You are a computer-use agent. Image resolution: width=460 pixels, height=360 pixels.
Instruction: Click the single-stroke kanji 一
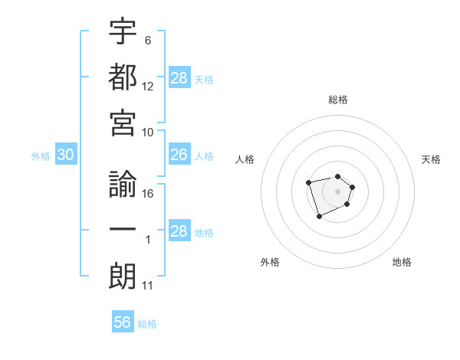pos(123,231)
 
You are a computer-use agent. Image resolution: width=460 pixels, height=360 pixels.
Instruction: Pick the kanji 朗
pos(123,277)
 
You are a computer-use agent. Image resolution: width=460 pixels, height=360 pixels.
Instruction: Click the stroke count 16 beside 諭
pos(149,194)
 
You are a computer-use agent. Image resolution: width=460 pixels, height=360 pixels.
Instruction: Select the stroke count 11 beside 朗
pos(148,286)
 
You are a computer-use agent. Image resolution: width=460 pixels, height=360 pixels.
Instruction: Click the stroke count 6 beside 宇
pos(148,39)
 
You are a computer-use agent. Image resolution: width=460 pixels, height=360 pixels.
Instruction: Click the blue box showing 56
pos(123,322)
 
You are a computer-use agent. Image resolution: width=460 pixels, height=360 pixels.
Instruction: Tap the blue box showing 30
pos(65,155)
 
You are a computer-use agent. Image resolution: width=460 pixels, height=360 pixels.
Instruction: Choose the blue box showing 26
pos(179,155)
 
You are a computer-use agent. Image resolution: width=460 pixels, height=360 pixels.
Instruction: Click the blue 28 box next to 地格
pos(179,231)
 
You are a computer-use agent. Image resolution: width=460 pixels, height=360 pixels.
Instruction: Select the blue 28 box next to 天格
pos(179,77)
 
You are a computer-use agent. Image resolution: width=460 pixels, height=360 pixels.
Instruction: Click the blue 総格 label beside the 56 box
pos(147,324)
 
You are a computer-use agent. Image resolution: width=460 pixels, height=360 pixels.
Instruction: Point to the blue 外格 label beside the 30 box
pos(41,156)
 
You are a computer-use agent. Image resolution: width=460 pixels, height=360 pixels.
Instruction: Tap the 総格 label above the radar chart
pos(338,100)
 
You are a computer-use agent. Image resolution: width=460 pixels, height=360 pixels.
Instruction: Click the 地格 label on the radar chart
pos(402,262)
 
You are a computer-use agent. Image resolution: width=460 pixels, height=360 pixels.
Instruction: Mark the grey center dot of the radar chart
pos(338,191)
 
